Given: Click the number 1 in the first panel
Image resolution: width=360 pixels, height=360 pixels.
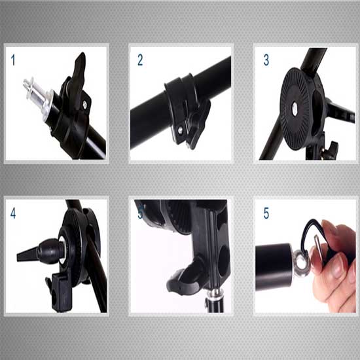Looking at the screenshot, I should pos(13,60).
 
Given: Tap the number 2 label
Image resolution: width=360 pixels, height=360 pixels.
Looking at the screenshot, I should pos(140,60).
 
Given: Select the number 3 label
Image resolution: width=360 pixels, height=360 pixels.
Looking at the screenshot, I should pos(266,60).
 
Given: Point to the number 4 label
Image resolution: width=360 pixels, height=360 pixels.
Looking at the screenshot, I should pos(13,213).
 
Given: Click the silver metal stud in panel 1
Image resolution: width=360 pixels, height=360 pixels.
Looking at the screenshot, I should pos(36,90).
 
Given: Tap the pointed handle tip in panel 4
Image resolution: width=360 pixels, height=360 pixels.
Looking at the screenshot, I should pos(23,253).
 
